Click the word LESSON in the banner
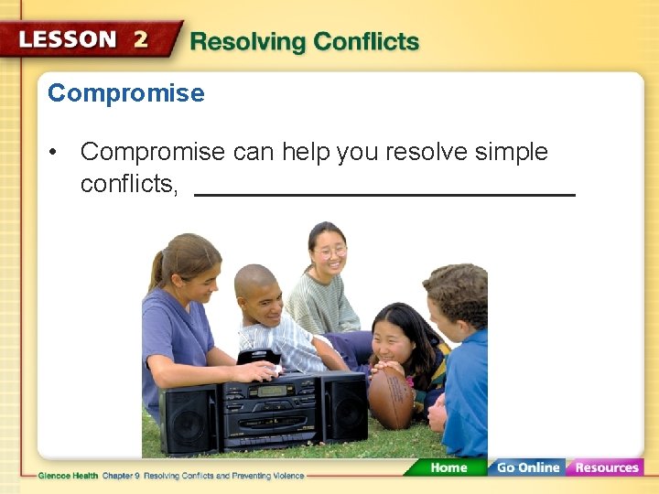(68, 40)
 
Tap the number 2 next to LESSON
(140, 39)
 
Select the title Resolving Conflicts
(304, 42)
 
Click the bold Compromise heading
(126, 93)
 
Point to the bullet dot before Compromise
(57, 153)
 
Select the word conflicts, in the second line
(129, 184)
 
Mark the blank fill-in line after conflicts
(384, 194)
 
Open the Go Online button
(526, 467)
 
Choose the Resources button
(605, 467)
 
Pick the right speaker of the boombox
(344, 405)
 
